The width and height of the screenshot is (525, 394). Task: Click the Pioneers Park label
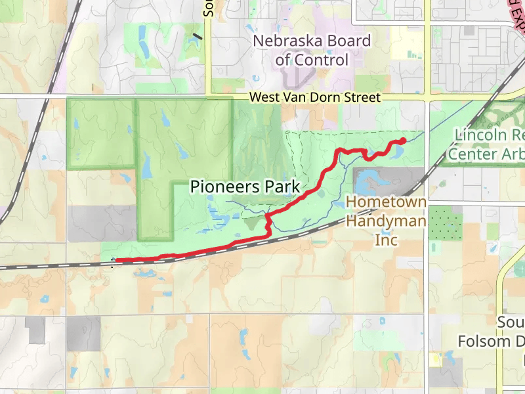click(245, 186)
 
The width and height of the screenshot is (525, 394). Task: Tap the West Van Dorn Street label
click(315, 97)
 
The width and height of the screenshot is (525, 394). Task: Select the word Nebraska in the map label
click(283, 41)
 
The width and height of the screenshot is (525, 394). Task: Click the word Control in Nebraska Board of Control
click(320, 60)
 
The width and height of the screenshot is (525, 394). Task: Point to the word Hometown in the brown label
click(386, 202)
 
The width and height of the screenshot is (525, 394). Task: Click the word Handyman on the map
click(386, 221)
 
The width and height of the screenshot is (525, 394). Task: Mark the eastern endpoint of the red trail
click(403, 140)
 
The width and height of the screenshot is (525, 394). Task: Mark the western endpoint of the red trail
click(117, 261)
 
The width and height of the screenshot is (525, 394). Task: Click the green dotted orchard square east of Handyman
click(446, 223)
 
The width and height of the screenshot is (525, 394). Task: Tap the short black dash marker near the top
click(198, 36)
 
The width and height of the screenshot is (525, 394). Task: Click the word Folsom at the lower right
click(484, 341)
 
